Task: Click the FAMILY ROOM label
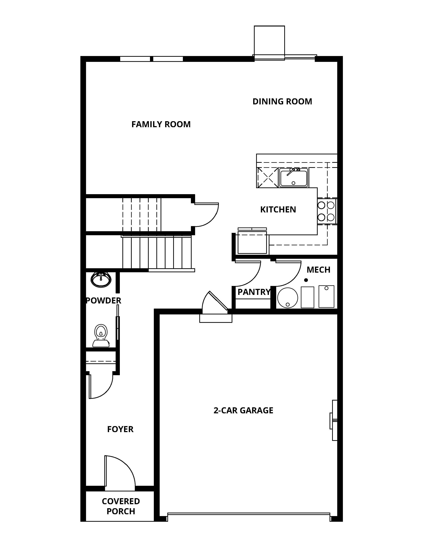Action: (x=161, y=124)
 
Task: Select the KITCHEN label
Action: (x=278, y=209)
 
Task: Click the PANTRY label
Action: (x=254, y=292)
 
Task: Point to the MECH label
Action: (x=318, y=270)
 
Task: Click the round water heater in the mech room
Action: (x=288, y=298)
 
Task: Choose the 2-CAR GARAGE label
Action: (x=243, y=410)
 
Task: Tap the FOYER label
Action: (x=120, y=429)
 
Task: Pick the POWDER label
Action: (x=103, y=300)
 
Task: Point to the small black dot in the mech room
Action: (x=306, y=280)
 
